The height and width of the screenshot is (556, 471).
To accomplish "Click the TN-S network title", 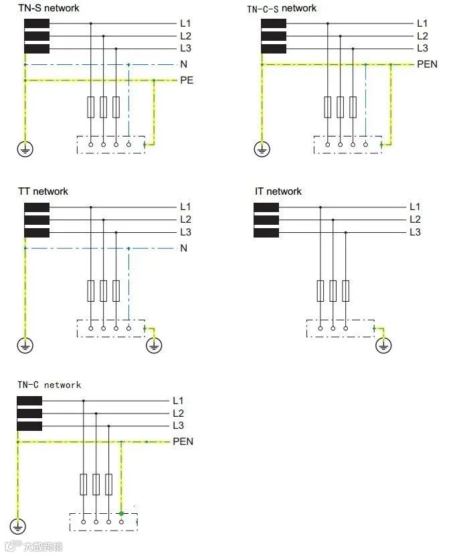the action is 48,8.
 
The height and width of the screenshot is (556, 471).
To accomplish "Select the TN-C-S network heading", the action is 281,8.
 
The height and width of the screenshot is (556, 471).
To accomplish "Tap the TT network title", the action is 43,191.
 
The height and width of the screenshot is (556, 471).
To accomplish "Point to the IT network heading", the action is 278,191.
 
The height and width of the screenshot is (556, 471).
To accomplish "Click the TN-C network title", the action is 49,385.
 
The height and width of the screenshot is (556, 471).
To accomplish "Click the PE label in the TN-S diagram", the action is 187,80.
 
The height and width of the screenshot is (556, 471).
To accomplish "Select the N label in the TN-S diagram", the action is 183,64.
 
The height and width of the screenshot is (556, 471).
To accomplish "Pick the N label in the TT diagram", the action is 183,248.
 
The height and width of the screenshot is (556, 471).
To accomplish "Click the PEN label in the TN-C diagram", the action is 183,442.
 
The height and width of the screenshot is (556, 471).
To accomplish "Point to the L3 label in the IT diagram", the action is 415,232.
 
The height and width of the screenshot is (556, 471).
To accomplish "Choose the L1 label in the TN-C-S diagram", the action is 422,23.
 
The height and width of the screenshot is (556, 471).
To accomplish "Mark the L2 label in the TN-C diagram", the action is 178,413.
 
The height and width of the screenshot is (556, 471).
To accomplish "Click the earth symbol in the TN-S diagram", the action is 25,149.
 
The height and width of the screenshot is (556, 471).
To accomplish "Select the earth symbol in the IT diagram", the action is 383,345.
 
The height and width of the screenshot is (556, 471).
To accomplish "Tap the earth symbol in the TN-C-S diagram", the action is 262,149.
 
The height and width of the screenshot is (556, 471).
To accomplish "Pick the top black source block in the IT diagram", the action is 266,207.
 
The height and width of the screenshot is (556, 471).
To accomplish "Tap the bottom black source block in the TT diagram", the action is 37,233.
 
